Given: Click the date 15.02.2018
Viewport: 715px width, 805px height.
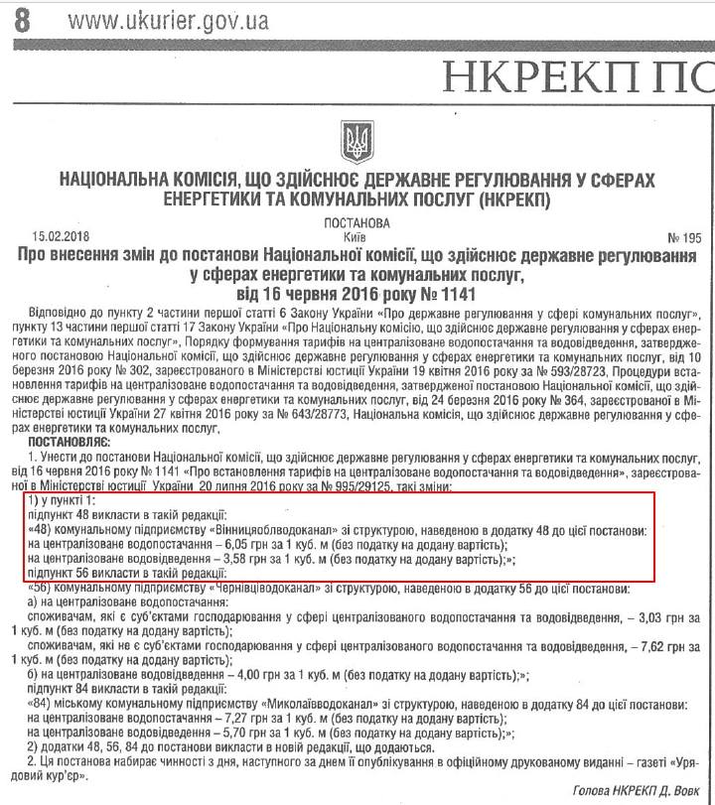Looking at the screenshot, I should coord(61,238).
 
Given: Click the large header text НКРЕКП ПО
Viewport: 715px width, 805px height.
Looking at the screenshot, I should coord(576,73).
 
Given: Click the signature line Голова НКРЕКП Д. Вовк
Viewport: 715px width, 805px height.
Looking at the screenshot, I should coord(637,790).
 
